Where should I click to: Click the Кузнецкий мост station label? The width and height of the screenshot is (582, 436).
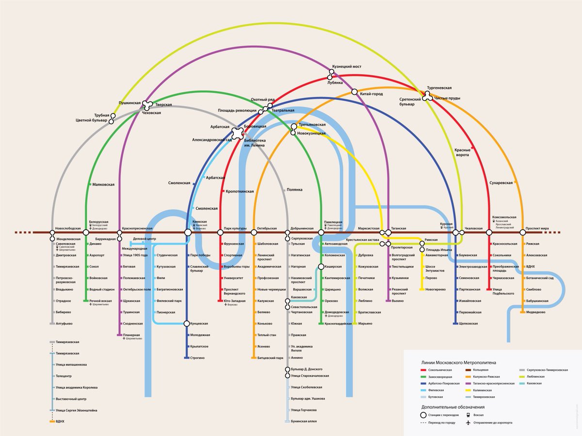pyautogui.click(x=346, y=67)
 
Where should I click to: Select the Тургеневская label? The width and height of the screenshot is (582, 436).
pyautogui.click(x=439, y=88)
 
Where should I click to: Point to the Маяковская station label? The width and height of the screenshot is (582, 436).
pyautogui.click(x=103, y=184)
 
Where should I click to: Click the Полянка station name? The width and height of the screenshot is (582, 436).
pyautogui.click(x=294, y=190)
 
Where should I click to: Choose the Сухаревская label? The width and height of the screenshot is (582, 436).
pyautogui.click(x=501, y=183)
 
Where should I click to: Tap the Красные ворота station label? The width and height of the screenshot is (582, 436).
pyautogui.click(x=462, y=152)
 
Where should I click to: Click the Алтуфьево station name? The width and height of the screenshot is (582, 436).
pyautogui.click(x=64, y=323)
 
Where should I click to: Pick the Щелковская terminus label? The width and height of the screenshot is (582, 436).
pyautogui.click(x=468, y=323)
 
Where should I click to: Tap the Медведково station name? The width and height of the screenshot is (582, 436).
pyautogui.click(x=536, y=312)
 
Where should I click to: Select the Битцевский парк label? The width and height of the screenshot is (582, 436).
pyautogui.click(x=270, y=358)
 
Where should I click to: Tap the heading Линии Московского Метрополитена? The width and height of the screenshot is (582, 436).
pyautogui.click(x=458, y=362)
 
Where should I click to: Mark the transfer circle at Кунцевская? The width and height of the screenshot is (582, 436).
pyautogui.click(x=187, y=323)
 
